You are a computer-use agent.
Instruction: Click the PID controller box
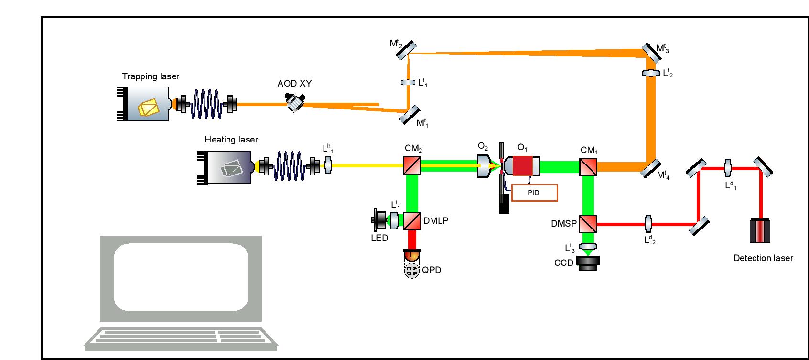pos(534,192)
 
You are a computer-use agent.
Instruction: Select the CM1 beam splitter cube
pos(589,166)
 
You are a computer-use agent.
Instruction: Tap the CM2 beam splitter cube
pos(412,165)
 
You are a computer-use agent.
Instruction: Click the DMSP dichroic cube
pos(588,224)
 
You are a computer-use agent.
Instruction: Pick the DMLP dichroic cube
pos(412,221)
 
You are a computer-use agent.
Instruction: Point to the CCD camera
pos(589,262)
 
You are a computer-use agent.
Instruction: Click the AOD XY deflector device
pos(295,102)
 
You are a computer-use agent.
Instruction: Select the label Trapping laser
pos(151,76)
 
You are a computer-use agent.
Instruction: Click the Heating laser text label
pos(231,140)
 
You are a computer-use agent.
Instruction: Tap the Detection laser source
pos(759,231)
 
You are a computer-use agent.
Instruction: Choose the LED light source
pos(380,220)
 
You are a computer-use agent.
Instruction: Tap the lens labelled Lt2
pos(650,73)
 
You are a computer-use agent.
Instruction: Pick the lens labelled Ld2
pos(648,223)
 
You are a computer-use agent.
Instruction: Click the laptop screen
pos(181,278)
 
